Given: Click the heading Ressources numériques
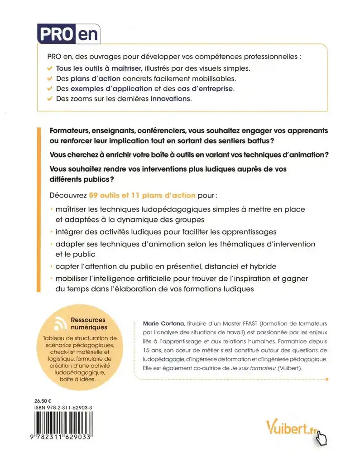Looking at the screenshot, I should tap(89, 323).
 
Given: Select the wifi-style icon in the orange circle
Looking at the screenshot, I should tap(59, 323).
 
